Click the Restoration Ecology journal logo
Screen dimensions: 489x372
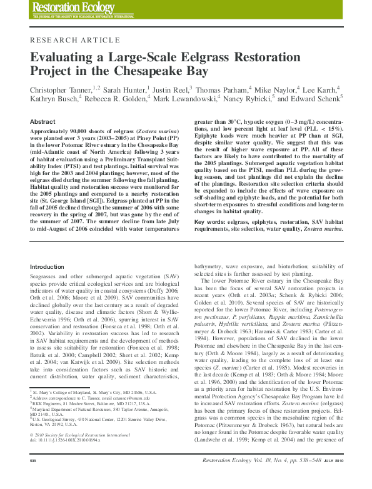tap(66, 9)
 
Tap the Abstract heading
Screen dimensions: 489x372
tap(43, 121)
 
